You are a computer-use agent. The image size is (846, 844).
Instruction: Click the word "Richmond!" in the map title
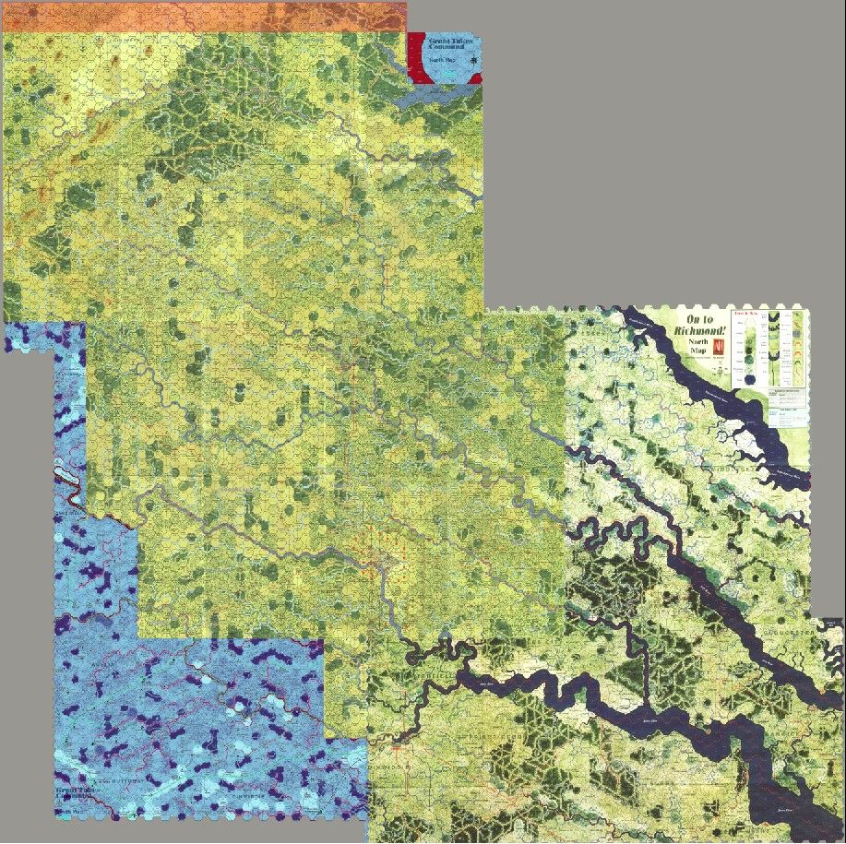tap(701, 330)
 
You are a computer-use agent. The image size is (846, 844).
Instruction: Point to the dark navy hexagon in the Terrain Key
tap(752, 379)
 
